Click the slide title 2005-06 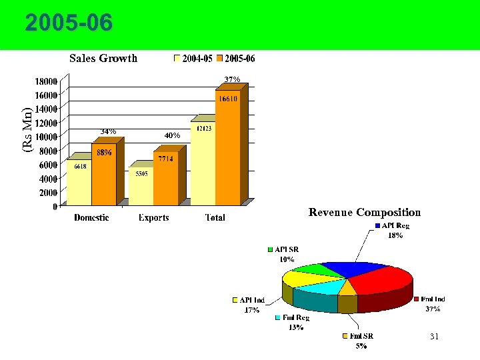[x=69, y=24]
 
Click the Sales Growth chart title [x=103, y=58]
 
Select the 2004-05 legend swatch [x=177, y=59]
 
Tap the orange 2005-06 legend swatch [x=221, y=59]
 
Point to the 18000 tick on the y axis [x=45, y=81]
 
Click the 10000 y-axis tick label [x=45, y=137]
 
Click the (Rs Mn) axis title [x=27, y=129]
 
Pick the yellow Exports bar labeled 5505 [x=141, y=187]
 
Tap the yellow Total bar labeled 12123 [x=202, y=163]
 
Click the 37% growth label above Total [x=232, y=79]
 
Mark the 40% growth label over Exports [x=172, y=135]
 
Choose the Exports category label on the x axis [x=153, y=217]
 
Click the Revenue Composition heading [x=365, y=213]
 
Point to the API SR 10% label [x=286, y=254]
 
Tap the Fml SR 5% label [x=362, y=341]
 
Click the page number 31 [x=434, y=337]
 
